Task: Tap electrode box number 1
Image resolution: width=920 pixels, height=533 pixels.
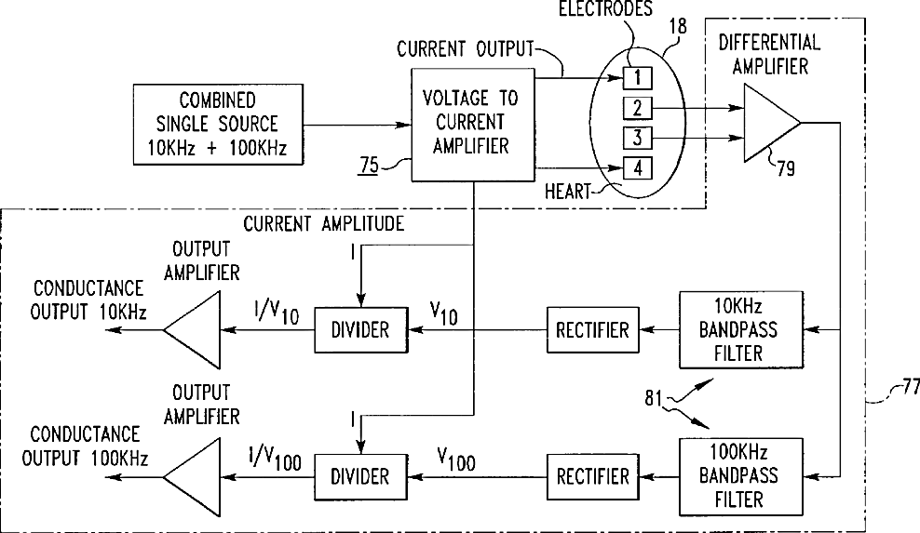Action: click(638, 75)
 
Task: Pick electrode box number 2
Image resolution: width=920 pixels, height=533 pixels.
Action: click(638, 108)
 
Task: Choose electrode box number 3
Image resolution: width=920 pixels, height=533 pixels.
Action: click(638, 140)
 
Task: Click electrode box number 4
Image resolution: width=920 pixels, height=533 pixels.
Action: click(638, 170)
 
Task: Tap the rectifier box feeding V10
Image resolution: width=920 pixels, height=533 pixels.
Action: click(592, 329)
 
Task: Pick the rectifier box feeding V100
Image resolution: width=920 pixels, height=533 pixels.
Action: click(592, 476)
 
